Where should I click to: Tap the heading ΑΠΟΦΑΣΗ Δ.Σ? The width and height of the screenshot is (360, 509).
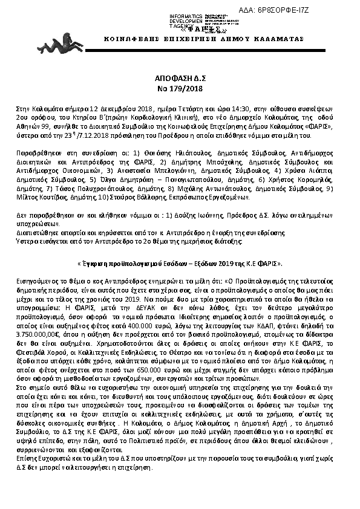(x=180, y=80)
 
